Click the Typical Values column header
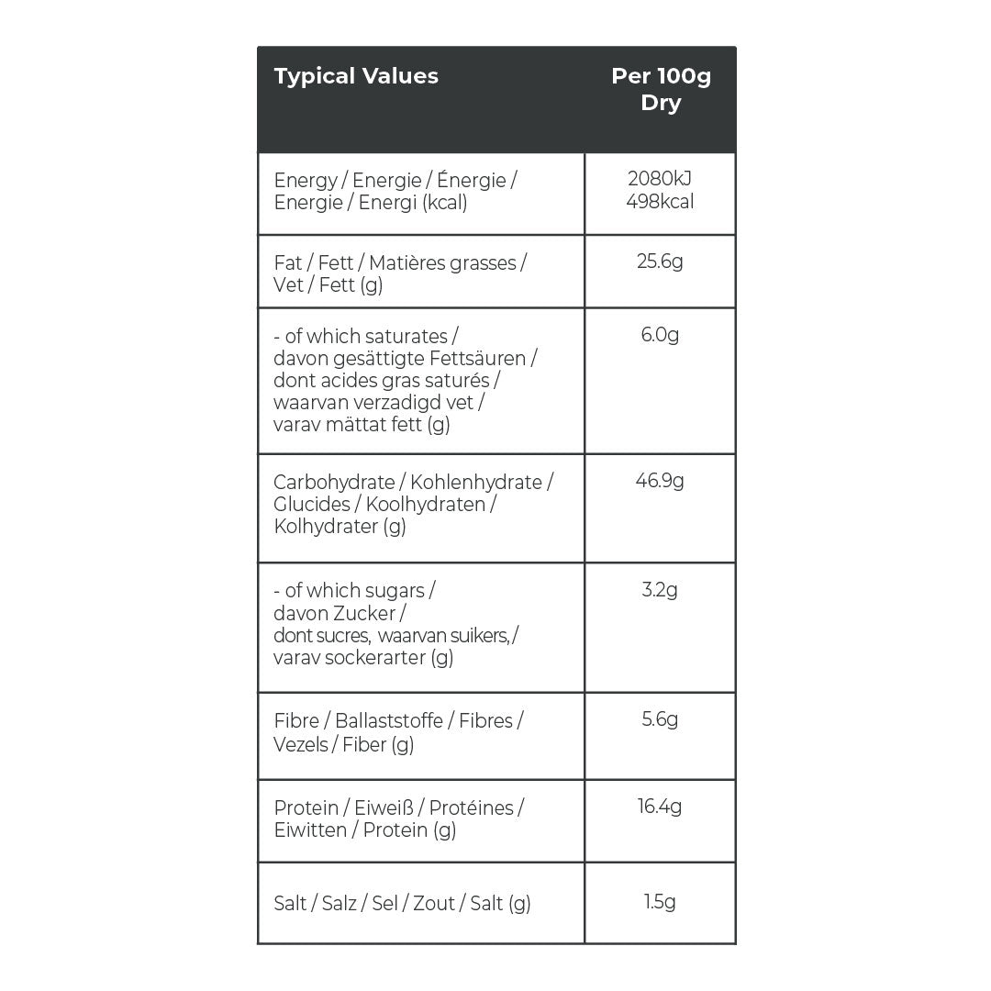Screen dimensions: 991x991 point(356,76)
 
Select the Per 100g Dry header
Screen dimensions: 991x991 point(661,89)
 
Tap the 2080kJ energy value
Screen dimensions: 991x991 point(660,179)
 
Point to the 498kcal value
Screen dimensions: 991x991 point(660,201)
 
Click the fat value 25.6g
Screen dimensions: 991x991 point(660,262)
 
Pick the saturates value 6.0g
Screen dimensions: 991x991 point(660,335)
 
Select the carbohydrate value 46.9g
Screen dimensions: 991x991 point(660,481)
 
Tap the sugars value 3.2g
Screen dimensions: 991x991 point(660,589)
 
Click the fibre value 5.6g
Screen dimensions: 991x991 point(660,720)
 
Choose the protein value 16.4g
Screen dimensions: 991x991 point(660,807)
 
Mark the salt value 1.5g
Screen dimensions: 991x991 point(660,902)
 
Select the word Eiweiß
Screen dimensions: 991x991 point(380,807)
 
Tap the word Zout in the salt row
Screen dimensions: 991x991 point(433,904)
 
